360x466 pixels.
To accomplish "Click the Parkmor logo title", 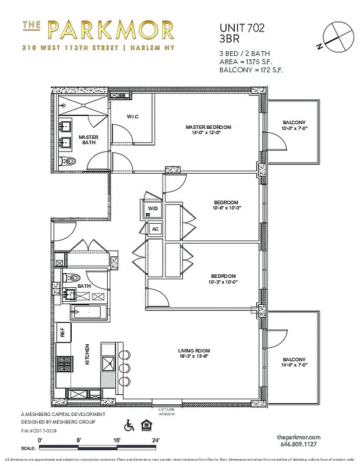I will (x=97, y=30).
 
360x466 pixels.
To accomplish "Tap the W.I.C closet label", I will (x=132, y=116).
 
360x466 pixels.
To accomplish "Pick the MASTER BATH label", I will (x=89, y=140).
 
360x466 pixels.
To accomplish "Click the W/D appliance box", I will (x=152, y=208).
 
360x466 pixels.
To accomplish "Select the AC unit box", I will (x=155, y=229).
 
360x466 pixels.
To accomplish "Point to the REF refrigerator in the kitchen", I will (x=62, y=333).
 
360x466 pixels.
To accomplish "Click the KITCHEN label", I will (x=87, y=354).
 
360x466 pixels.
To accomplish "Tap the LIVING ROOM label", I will (x=193, y=350).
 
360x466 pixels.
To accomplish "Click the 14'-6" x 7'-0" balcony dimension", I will (x=294, y=365).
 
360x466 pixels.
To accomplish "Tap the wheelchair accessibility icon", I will (x=130, y=426).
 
